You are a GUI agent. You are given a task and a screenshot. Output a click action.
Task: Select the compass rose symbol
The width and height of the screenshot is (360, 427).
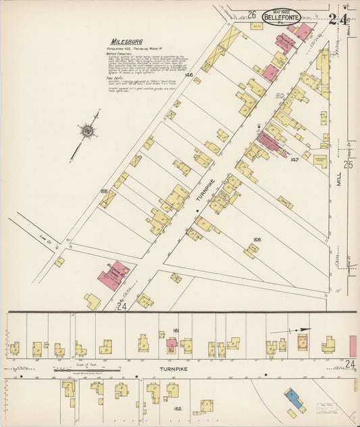[x=87, y=131]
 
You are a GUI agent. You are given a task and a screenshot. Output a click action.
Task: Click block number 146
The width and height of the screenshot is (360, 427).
[x=189, y=75]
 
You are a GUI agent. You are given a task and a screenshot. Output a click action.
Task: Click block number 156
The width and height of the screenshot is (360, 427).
[x=257, y=239]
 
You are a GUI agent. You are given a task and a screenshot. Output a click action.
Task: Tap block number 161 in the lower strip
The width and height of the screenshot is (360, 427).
[x=176, y=330]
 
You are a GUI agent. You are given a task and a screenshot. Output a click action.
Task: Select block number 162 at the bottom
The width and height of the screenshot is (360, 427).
[x=178, y=409]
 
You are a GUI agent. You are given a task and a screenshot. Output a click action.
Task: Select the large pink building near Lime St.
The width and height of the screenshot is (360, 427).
[x=113, y=276]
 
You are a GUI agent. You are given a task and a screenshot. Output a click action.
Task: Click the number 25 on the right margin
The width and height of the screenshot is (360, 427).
[x=348, y=164]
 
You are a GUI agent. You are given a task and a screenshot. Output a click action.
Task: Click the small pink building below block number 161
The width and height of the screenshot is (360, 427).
[x=172, y=344]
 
